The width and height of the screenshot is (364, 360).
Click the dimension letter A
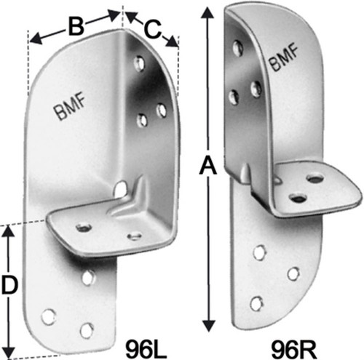click(x=207, y=165)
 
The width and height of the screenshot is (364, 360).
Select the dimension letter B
click(x=76, y=27)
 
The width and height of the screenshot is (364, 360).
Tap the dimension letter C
click(x=152, y=29)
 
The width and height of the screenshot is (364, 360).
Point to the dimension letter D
click(x=9, y=286)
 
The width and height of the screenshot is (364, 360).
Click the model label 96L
click(x=146, y=349)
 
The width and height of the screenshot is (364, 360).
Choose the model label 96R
click(x=294, y=349)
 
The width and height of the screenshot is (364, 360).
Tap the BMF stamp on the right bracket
click(x=283, y=57)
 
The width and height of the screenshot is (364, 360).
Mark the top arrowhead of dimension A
click(x=207, y=12)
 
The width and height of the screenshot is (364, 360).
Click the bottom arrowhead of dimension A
click(x=209, y=326)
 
